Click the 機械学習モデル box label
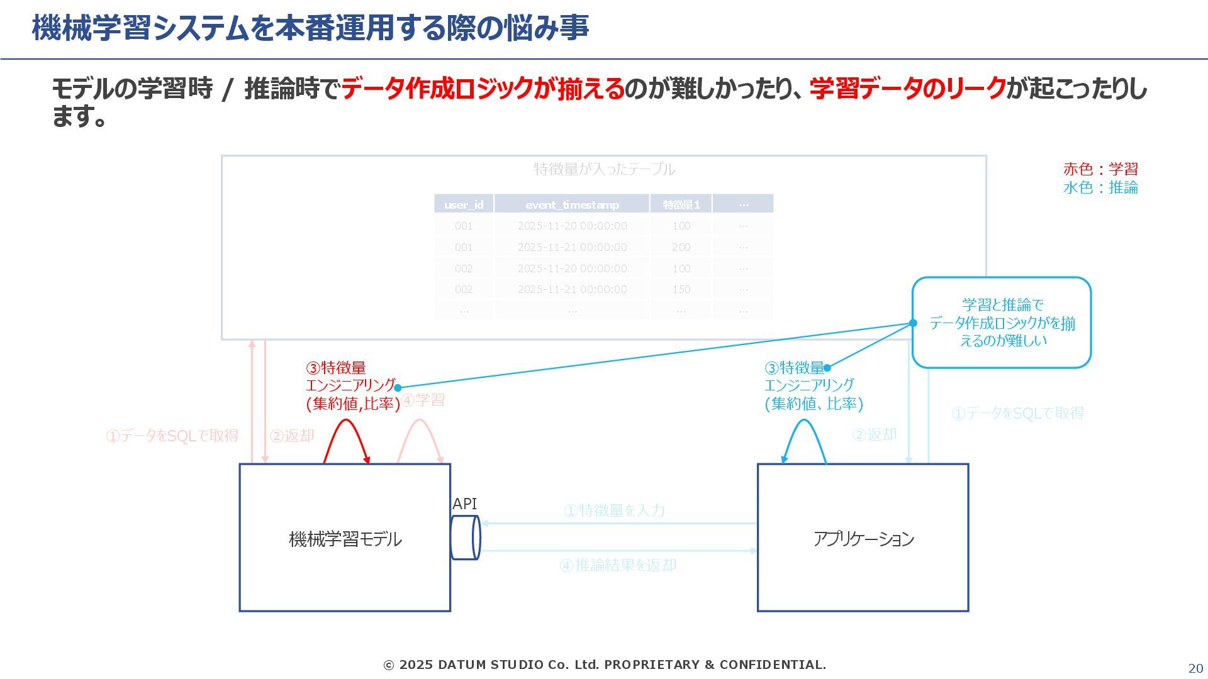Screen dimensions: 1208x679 345,539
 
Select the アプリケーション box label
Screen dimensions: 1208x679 863,539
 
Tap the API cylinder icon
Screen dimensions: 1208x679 466,538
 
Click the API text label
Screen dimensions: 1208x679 464,504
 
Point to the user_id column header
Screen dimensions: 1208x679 464,204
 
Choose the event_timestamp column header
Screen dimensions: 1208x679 572,204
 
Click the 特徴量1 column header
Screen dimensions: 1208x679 681,204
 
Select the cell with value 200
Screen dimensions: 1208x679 681,247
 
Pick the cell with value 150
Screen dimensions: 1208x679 681,289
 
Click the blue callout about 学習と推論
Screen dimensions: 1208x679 1002,323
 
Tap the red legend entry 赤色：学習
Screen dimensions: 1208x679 1100,168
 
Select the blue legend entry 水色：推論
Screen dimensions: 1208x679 1100,187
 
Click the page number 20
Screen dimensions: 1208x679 1195,668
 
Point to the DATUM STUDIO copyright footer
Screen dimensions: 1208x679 605,665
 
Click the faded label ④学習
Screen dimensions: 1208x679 423,400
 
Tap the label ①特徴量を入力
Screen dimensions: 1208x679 614,510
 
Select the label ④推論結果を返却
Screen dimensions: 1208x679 618,565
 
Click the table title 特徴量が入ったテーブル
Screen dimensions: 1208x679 604,168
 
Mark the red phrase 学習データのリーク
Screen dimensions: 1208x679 908,89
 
